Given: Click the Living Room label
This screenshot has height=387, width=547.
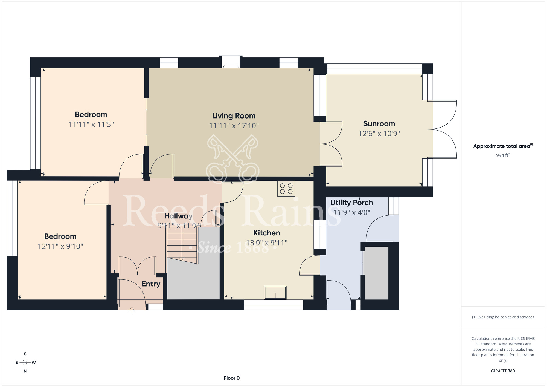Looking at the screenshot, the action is tap(234, 116).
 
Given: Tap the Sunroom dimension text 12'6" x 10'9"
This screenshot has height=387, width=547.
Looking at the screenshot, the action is tap(379, 134).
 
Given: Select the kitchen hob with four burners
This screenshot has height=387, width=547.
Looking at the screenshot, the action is tap(286, 189).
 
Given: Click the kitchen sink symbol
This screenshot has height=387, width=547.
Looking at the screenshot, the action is tap(275, 293).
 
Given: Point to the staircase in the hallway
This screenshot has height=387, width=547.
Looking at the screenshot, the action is tap(182, 244).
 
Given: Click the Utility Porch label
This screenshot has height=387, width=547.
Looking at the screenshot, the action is tap(352, 203).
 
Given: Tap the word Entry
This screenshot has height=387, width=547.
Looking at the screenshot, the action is tap(151, 284).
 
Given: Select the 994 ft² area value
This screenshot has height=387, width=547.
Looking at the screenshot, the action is tap(503, 155).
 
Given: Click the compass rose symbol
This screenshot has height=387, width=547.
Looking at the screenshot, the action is tap(25, 363).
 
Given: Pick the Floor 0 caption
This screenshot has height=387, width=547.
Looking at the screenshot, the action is tap(232, 378).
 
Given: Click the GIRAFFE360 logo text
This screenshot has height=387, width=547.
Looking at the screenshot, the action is tap(503, 371).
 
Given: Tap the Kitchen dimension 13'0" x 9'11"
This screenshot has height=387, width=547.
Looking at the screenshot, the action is tap(267, 243).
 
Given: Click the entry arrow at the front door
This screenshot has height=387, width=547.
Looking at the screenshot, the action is tap(132, 310).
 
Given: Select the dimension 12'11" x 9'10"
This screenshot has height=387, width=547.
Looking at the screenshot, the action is tap(60, 246).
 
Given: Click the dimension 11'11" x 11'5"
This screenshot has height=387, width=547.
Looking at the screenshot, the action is tap(91, 125).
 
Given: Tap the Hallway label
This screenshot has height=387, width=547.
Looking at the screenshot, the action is tap(178, 216).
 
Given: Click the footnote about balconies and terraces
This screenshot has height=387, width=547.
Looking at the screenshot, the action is tap(503, 317).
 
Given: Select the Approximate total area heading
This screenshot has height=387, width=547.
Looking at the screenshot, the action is tap(503, 146).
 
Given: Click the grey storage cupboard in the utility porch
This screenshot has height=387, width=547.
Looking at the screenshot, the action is tap(376, 273).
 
